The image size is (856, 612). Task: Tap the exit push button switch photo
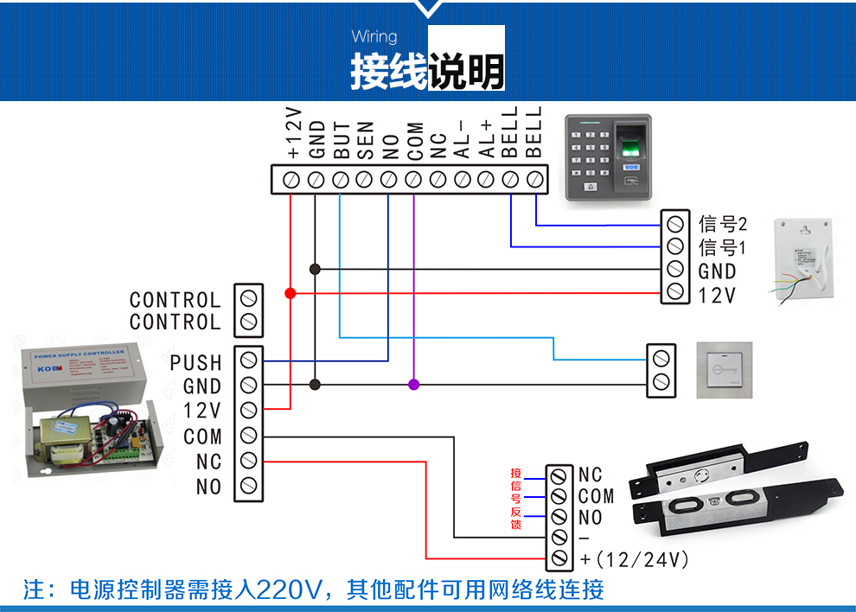coord(725,370)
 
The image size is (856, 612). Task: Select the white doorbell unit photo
coord(804,258)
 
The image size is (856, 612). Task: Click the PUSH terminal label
coord(196,363)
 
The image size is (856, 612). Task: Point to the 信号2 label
coord(722,224)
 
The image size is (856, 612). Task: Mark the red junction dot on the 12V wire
coord(291,294)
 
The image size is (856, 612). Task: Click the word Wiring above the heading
coord(374,36)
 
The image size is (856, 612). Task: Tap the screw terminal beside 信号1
coord(674,247)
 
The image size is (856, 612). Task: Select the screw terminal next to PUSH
coord(249,361)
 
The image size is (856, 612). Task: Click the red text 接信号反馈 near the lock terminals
coord(516,499)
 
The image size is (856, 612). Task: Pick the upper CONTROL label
coord(175,300)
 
